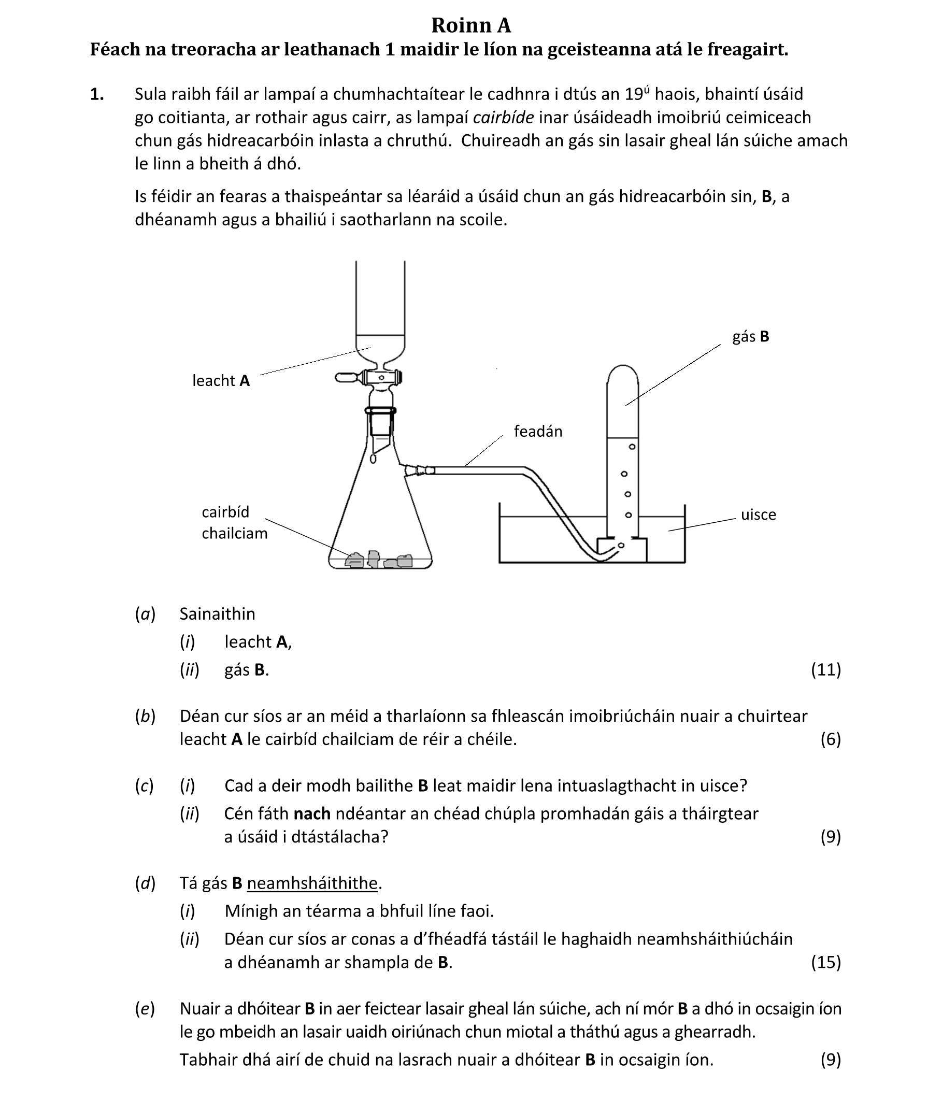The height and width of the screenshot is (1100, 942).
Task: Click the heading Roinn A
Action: click(x=470, y=25)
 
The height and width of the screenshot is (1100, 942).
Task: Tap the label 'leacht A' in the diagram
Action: click(x=221, y=381)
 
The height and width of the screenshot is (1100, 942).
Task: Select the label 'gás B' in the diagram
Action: click(x=750, y=337)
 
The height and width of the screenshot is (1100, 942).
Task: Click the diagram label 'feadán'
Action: click(x=537, y=431)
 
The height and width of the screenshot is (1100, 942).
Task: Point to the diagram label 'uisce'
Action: click(x=758, y=515)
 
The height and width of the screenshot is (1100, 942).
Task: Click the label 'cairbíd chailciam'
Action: click(x=234, y=522)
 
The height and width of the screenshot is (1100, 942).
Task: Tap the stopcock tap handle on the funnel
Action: click(x=348, y=378)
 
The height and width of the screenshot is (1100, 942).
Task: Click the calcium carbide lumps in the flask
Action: click(x=379, y=560)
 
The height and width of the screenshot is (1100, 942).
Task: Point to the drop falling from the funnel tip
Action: click(x=373, y=458)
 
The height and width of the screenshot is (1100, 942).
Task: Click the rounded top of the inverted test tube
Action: click(x=622, y=372)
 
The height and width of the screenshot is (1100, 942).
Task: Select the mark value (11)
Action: click(x=826, y=670)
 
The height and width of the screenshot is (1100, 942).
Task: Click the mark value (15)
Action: click(x=826, y=962)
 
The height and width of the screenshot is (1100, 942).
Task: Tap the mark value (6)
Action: click(x=831, y=739)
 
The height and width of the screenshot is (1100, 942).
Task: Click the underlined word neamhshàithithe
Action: click(x=312, y=883)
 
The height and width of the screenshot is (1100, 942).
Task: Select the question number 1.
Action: click(x=97, y=94)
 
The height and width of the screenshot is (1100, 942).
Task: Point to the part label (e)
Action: click(x=145, y=1009)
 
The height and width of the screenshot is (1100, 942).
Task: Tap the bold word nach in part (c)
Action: click(x=312, y=813)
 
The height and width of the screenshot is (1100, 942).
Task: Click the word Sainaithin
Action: click(x=217, y=613)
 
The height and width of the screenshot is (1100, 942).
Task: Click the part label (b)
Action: click(x=145, y=716)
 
